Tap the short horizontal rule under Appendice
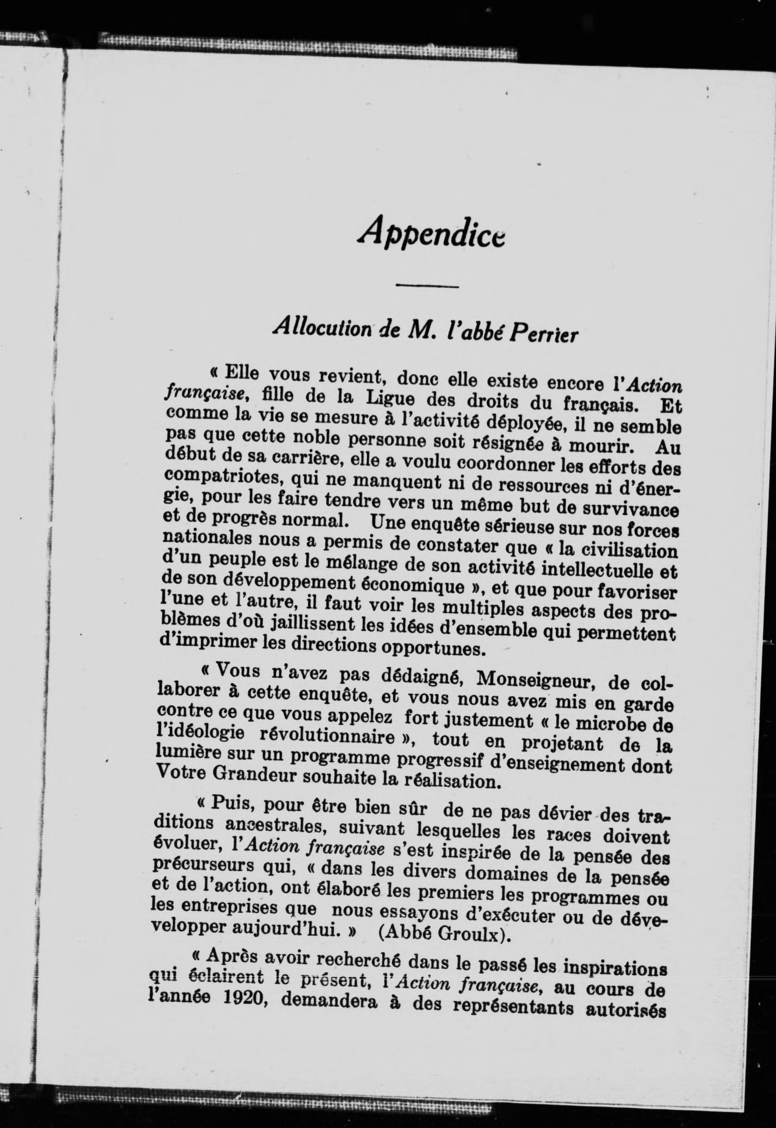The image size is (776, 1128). point(427,286)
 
